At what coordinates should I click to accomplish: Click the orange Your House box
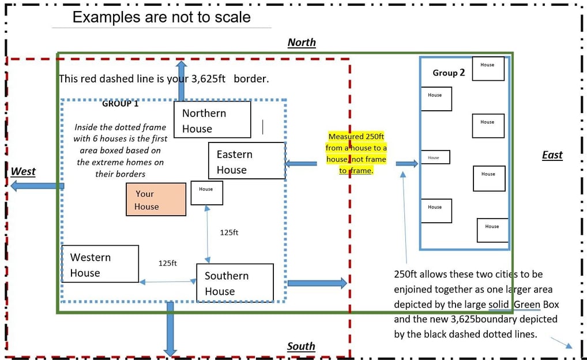(x=156, y=200)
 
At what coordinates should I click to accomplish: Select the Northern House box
(x=212, y=119)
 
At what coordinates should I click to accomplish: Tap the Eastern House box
(x=247, y=161)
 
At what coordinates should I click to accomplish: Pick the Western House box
(x=100, y=264)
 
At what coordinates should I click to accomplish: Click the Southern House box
(x=234, y=283)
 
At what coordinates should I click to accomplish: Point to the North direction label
(x=302, y=43)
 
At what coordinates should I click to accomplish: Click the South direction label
(x=301, y=346)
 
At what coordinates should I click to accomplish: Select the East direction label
(x=552, y=155)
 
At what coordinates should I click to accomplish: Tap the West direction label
(x=23, y=171)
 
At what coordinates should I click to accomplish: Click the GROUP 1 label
(x=120, y=104)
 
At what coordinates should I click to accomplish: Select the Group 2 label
(x=449, y=73)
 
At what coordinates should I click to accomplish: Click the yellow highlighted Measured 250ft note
(x=356, y=153)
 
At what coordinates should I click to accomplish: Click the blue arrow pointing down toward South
(x=170, y=329)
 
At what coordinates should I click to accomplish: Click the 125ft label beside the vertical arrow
(x=229, y=232)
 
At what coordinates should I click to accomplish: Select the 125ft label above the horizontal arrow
(x=167, y=263)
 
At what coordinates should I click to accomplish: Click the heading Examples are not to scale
(x=161, y=17)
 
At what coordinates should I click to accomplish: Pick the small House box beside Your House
(x=206, y=193)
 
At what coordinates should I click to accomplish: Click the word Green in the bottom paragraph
(x=526, y=304)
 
